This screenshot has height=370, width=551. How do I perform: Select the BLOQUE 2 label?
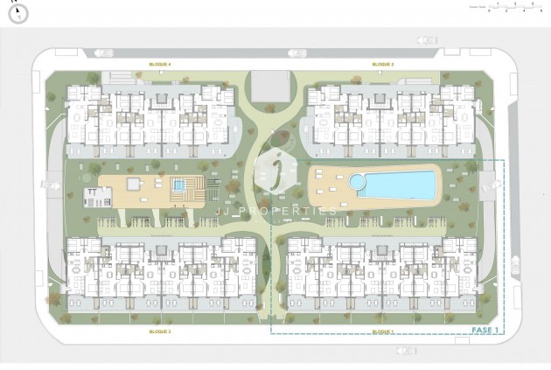click(382, 65)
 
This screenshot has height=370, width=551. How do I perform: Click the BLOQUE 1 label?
click(382, 332)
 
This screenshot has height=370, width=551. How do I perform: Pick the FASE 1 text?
click(485, 330)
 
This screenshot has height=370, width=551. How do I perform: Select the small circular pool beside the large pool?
click(357, 181)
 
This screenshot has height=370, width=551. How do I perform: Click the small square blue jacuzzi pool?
click(179, 185)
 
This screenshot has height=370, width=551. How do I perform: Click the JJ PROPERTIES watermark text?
click(276, 212)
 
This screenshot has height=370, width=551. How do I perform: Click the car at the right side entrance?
click(499, 185)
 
